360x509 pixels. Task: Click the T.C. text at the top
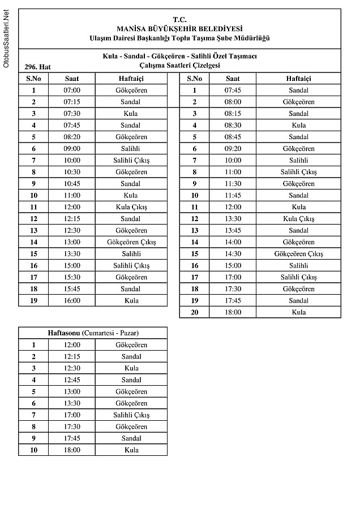coord(179,19)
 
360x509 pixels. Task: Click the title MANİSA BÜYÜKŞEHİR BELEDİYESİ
coord(179,28)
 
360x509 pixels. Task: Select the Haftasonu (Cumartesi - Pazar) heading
coord(93,333)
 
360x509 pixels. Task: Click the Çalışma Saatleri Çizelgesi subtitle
coord(179,66)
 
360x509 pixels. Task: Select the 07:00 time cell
coord(72,90)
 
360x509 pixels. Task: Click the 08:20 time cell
coord(72,137)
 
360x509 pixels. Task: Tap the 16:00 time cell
coord(72,301)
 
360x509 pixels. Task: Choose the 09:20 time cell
coord(233,149)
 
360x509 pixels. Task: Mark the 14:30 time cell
coord(233,254)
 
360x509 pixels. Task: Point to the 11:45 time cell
coord(233,196)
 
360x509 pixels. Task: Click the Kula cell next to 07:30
coord(131,114)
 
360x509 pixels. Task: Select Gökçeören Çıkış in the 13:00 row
coord(131,243)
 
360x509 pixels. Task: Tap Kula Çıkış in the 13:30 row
coord(298,219)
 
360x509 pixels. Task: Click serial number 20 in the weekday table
coord(195,312)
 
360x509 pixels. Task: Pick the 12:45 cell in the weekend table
coord(72,380)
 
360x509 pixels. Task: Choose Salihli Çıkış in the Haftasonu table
coord(131,415)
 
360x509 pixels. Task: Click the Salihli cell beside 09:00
coord(131,149)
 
